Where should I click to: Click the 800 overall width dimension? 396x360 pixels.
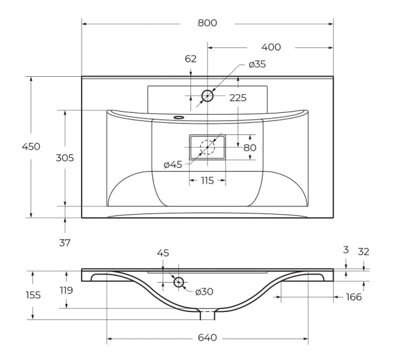coord(207,23)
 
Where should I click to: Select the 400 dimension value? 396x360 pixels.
coord(271,47)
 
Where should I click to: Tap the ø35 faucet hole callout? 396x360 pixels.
coord(257,64)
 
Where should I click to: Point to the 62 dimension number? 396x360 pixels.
coord(190,59)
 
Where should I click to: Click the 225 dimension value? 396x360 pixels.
coord(238,98)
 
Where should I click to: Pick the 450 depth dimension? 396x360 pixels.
coord(31,146)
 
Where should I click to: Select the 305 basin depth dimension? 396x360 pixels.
coord(65,158)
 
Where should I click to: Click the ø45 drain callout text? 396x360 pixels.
coord(173,165)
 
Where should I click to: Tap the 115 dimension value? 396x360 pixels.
coord(208,181)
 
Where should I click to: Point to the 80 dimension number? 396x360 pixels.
coord(250,148)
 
